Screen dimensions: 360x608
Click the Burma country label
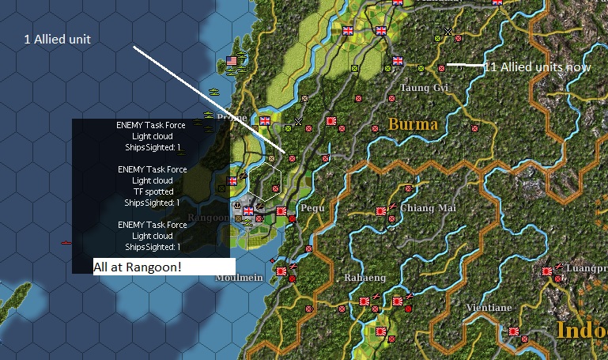[413, 124]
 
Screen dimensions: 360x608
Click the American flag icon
[232, 61]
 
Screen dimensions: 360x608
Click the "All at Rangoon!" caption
[138, 267]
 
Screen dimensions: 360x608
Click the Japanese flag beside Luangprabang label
[546, 271]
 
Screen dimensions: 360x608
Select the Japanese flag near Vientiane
[514, 332]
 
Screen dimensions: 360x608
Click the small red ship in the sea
[66, 242]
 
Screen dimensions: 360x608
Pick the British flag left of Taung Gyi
[398, 60]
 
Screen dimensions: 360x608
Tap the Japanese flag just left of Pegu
[281, 211]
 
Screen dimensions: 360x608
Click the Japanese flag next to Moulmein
[281, 270]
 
